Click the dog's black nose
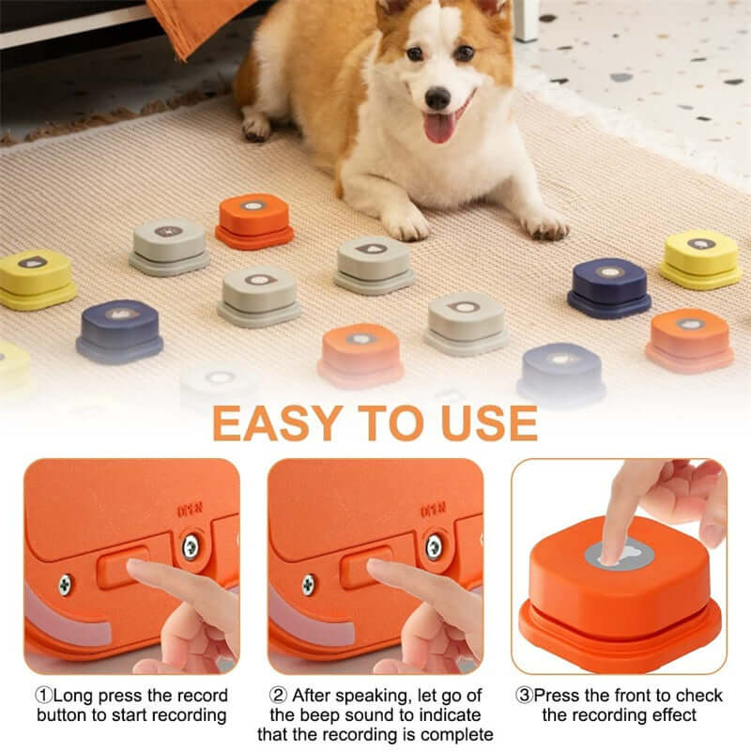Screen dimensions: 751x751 point(437,98)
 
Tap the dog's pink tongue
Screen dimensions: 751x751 point(439,127)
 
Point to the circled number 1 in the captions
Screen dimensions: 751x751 point(43,696)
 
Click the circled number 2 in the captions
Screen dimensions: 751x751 point(278,696)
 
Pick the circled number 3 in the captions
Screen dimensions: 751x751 point(526,696)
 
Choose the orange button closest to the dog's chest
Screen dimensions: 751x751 point(253,221)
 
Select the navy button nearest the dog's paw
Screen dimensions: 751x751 point(609,286)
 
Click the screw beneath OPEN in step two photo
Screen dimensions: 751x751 point(434,545)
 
